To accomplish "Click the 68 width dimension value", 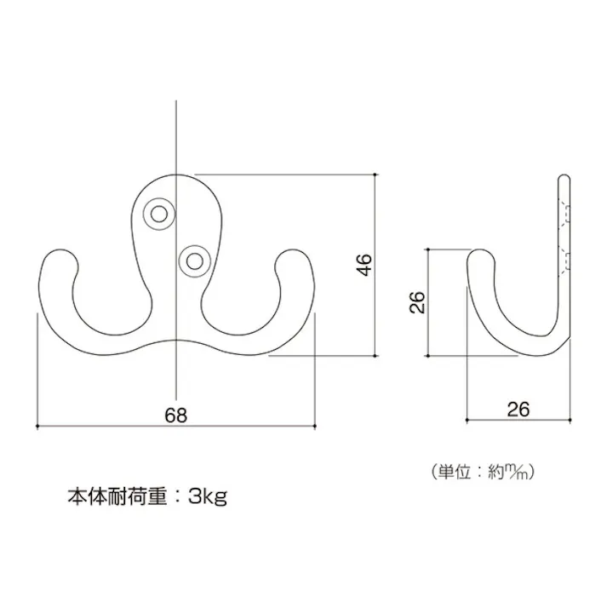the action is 175,415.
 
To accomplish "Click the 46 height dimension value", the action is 364,265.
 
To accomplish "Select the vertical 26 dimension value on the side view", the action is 417,302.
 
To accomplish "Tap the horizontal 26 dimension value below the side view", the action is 518,409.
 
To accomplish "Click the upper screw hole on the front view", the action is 158,214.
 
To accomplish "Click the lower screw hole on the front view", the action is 194,261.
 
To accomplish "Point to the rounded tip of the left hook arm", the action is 60,250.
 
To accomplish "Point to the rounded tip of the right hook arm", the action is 294,250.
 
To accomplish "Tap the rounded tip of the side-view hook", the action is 480,250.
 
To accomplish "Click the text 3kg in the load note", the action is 208,496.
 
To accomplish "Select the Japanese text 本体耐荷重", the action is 117,495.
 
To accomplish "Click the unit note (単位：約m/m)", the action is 483,472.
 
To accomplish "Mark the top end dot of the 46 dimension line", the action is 375,175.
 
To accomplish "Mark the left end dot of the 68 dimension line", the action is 37,427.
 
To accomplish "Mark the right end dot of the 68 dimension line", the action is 315,427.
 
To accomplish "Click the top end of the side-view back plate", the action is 564,175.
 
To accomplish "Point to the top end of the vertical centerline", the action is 176,100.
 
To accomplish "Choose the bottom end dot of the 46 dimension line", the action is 375,356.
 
